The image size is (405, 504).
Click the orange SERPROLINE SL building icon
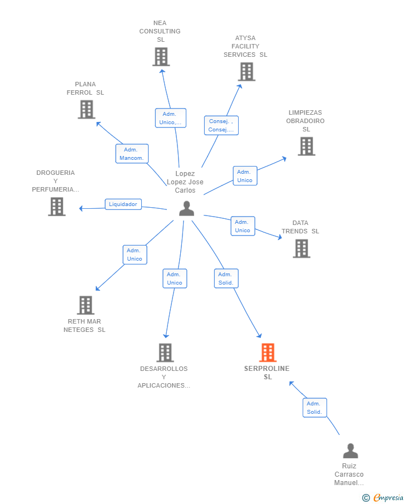coord(268,353)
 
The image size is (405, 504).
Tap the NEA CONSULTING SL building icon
coord(161,57)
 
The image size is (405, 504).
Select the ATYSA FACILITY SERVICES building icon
coord(246,72)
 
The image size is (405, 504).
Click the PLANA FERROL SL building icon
coord(86,109)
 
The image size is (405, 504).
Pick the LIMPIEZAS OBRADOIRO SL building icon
coord(306,146)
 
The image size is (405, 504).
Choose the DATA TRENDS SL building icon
coord(301,248)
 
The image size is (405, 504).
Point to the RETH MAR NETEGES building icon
coord(85,305)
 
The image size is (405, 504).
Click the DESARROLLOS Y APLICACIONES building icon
coord(165,353)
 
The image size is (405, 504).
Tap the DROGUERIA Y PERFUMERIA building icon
coord(56,207)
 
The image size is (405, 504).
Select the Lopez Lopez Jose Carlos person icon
coord(186,208)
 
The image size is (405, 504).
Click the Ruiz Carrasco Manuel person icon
coord(350,451)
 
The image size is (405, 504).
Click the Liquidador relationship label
coord(123,204)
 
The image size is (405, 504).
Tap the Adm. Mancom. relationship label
coord(132,154)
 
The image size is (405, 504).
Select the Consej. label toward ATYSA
coord(221,125)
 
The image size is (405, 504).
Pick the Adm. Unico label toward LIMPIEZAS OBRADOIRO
coord(245,176)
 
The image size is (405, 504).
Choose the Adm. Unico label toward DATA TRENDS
coord(243,226)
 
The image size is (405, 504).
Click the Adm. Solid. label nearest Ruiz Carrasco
coord(314,408)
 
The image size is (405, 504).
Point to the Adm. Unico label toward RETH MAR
coord(135,255)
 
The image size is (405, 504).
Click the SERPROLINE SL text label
coord(267,373)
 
